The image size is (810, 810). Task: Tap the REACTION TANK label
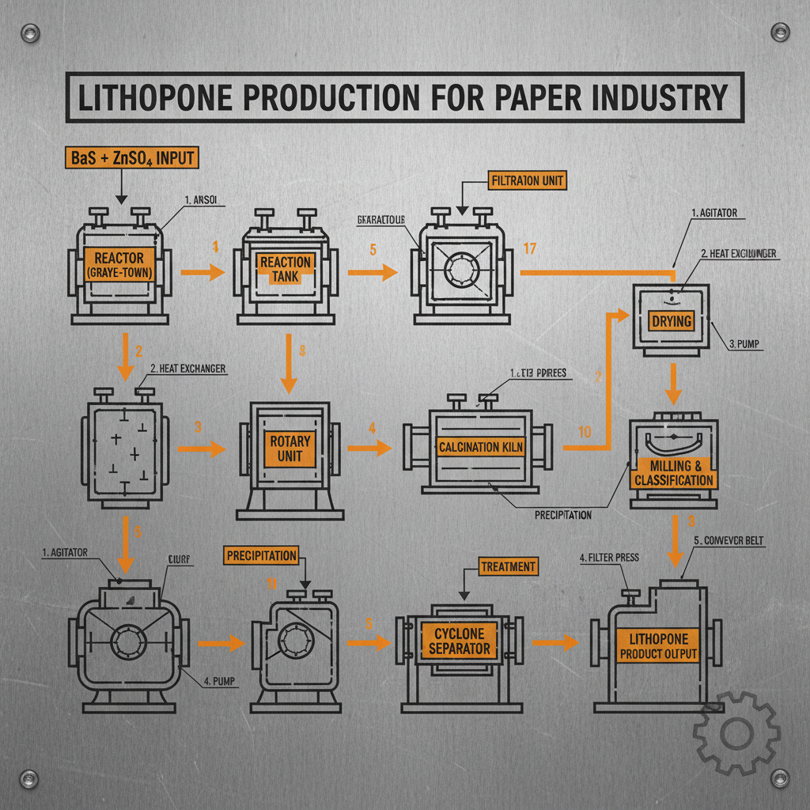point(286,269)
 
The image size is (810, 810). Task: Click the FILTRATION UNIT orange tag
point(526,181)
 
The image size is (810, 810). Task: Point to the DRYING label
point(671,320)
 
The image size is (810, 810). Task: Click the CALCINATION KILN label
point(481,447)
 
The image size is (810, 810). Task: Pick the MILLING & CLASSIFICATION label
point(673,472)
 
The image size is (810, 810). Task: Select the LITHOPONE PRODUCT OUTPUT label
point(659,645)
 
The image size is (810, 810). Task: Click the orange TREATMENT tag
point(508,566)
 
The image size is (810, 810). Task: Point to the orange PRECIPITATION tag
point(262,555)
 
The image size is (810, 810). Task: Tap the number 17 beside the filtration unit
point(530,250)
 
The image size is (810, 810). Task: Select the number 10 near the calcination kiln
point(585,433)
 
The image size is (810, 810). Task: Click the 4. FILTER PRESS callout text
point(609,558)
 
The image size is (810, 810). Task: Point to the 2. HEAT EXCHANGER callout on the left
point(187,369)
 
